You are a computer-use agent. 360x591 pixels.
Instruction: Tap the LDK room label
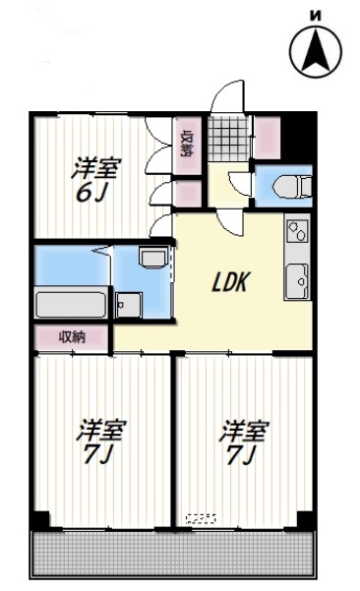point(234,283)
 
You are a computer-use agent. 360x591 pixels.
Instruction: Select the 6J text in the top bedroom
point(92,191)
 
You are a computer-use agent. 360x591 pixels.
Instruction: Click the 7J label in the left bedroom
point(101,454)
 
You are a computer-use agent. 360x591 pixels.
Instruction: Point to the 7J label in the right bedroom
point(242,454)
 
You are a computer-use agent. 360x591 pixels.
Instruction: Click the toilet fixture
point(292,185)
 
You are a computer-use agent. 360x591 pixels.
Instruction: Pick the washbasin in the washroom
point(152,259)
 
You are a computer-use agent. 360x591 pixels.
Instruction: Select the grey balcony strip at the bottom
point(174,558)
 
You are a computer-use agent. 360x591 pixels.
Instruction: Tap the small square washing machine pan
point(127,304)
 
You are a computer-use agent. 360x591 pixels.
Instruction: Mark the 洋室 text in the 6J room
point(94,167)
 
